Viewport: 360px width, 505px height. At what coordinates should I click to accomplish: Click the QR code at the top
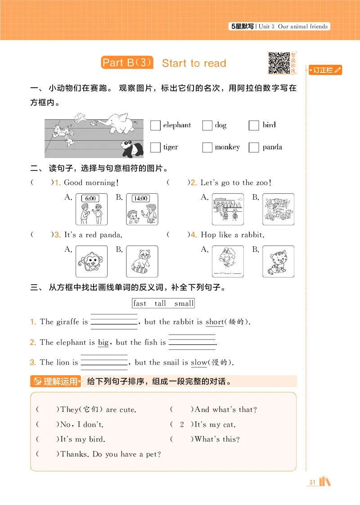point(279,63)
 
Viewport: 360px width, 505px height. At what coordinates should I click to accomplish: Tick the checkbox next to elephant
point(155,125)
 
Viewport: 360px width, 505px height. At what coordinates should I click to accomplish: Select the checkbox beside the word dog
point(207,125)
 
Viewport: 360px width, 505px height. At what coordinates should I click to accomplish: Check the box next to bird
point(254,125)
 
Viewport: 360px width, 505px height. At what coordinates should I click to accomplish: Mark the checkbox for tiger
point(155,147)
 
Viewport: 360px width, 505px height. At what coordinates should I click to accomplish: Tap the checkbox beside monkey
point(207,147)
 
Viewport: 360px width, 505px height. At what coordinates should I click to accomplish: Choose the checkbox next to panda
point(254,147)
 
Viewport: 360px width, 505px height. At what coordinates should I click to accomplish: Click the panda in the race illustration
point(131,148)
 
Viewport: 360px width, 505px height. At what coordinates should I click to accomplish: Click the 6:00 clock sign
point(90,198)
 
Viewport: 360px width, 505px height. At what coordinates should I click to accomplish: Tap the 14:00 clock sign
point(141,198)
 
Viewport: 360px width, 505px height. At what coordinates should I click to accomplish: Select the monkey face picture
point(91,261)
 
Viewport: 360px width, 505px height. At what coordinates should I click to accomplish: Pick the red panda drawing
point(142,261)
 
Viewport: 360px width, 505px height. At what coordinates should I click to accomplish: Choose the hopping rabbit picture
point(227,261)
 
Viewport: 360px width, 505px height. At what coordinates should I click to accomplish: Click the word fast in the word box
point(140,304)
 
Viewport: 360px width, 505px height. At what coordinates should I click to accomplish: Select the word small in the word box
point(184,304)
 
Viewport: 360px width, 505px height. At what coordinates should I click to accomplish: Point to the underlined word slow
point(199,362)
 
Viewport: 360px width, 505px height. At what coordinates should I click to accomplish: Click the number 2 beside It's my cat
point(182,425)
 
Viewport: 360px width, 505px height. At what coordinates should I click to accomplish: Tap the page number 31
point(312,483)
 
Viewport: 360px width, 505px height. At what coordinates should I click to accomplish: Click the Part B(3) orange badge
point(127,63)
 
